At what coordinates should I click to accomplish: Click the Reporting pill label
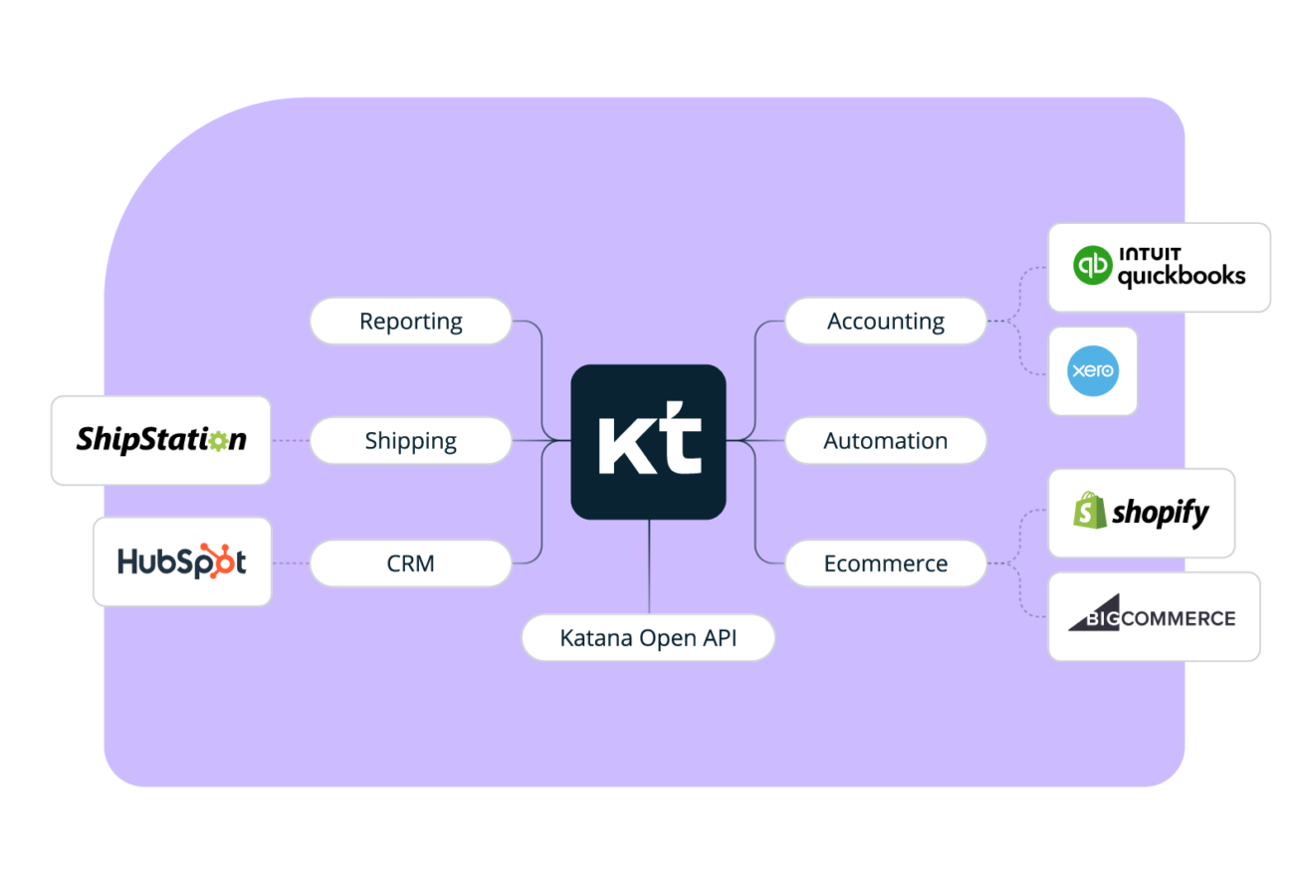pos(410,322)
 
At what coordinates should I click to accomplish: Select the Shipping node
pos(410,441)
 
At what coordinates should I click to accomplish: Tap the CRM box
pos(410,563)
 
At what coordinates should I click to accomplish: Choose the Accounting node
pos(885,322)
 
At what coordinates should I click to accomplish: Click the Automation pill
pos(885,441)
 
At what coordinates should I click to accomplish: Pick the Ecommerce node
pos(885,563)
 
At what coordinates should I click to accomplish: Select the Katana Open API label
pos(648,637)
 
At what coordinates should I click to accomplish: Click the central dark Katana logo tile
pos(648,441)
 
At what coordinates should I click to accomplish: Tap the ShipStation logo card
pos(160,440)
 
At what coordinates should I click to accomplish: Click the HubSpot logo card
pos(181,561)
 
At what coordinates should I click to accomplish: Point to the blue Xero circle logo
pos(1092,371)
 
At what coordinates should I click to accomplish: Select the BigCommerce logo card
pos(1153,616)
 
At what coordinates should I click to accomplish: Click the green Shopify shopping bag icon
pos(1089,511)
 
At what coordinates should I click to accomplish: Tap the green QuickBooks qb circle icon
pos(1092,266)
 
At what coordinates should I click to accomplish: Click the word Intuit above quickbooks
pos(1150,254)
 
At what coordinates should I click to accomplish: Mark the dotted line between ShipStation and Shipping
pos(290,441)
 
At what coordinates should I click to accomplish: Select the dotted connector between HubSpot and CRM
pos(291,563)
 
